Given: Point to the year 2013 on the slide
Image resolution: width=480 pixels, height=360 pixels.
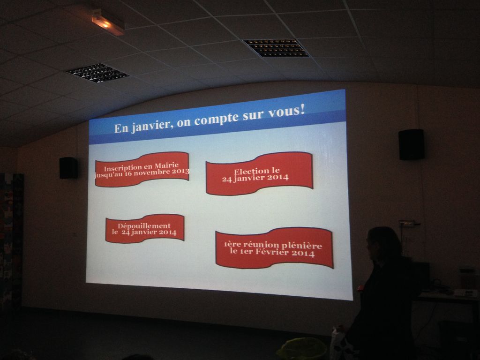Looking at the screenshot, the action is tap(180, 171).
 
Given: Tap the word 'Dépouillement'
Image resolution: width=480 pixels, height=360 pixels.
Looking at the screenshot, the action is tap(144, 226).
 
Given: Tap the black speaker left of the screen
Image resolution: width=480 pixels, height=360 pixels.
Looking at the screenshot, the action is tap(68, 168).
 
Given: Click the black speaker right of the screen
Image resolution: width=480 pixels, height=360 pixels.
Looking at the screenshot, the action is tap(411, 144).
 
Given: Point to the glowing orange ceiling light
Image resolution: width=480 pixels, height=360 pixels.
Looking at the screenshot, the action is tap(108, 22).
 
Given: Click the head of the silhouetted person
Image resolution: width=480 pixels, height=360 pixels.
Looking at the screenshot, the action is tap(383, 243).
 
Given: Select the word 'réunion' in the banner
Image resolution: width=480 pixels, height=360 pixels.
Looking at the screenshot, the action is tap(259, 245).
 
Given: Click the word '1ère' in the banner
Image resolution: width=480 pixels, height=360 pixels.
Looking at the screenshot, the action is tap(231, 244).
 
